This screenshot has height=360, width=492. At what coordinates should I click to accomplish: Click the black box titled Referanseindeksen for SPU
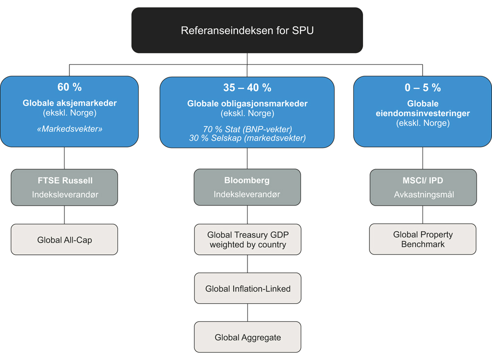pos(247,30)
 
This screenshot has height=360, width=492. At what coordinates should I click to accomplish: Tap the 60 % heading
pos(69,88)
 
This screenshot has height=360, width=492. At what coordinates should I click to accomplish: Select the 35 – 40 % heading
pos(247,88)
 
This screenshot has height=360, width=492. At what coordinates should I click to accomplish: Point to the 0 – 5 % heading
pos(423,88)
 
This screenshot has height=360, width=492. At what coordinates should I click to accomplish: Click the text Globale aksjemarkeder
pos(69,103)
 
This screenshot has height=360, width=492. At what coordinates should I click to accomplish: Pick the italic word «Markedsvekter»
pos(69,129)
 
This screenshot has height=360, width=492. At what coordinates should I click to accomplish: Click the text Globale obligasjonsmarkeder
pos(247,104)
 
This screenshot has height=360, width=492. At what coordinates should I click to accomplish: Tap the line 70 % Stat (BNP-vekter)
pos(247,129)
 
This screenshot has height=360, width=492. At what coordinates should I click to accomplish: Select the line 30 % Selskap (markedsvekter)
pos(247,138)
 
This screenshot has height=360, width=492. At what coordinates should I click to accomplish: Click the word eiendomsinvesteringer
pos(423,113)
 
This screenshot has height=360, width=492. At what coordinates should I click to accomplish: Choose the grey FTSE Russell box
pos(64,187)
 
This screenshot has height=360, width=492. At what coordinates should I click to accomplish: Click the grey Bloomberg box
pos(247,187)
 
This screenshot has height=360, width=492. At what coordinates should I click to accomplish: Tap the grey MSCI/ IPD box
pos(423,187)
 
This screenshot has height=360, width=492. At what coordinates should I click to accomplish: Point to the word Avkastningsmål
pos(423,195)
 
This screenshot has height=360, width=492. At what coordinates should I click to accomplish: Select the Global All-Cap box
pos(64,240)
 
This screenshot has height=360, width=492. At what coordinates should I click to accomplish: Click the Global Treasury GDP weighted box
pos(247,240)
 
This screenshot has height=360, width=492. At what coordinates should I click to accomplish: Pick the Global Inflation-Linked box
pos(247,288)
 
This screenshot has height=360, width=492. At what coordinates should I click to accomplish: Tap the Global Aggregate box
pos(247,337)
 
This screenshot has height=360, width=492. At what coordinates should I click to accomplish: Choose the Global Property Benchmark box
pos(423,240)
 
